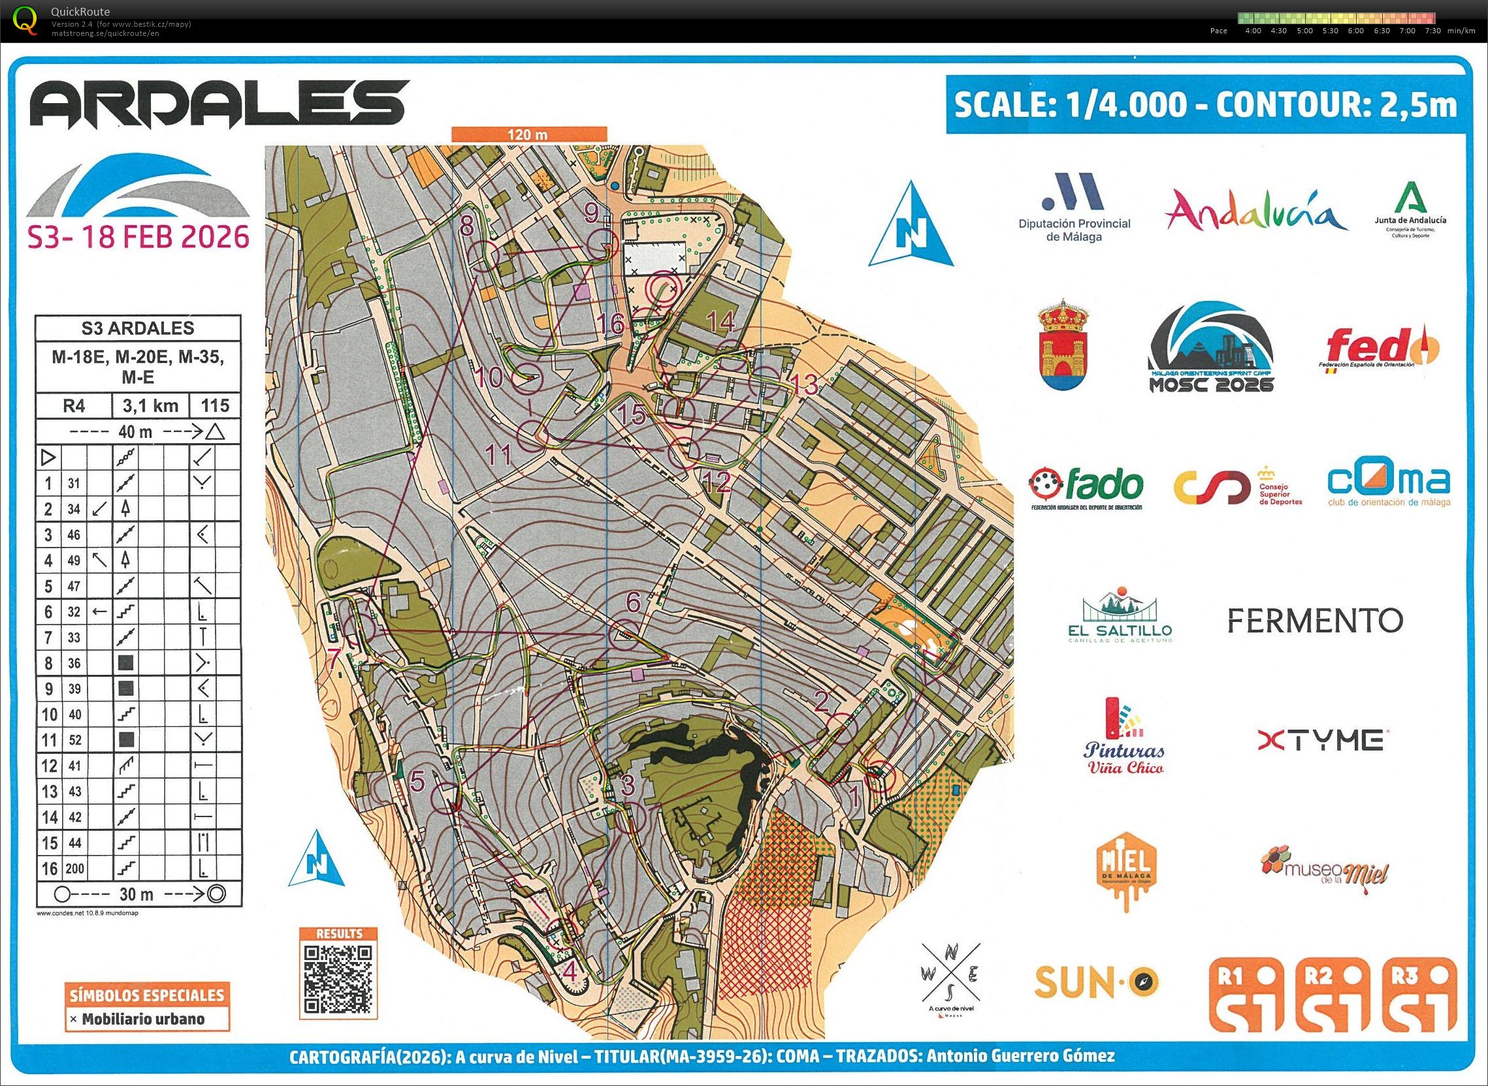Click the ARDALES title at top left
(x=219, y=104)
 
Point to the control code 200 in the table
(x=74, y=869)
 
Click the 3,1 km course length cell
(x=151, y=405)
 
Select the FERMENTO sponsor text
(x=1315, y=620)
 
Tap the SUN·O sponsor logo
(x=1096, y=1000)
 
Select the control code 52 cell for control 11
(x=74, y=739)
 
